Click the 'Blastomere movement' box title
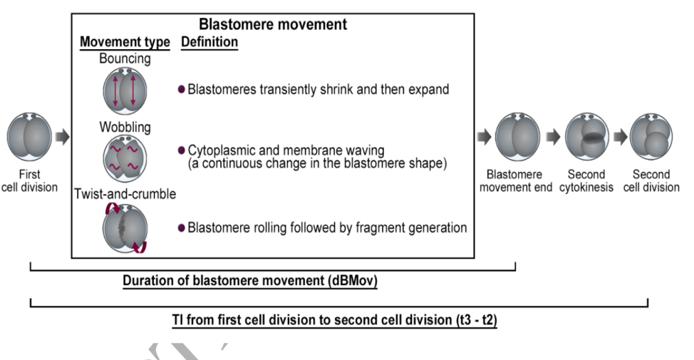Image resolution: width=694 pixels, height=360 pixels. pyautogui.click(x=273, y=24)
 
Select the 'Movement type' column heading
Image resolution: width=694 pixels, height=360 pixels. pyautogui.click(x=125, y=41)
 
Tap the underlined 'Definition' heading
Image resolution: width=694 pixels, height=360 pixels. pyautogui.click(x=209, y=41)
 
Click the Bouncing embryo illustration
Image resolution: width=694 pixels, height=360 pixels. pyautogui.click(x=125, y=91)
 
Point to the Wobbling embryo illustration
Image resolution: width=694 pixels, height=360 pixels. pyautogui.click(x=125, y=159)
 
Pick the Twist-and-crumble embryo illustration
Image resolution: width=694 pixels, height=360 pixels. pyautogui.click(x=125, y=228)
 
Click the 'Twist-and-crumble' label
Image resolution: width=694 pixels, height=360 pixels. pyautogui.click(x=125, y=194)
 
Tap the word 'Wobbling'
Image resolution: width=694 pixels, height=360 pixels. pyautogui.click(x=125, y=127)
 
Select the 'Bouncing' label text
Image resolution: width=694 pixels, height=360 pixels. pyautogui.click(x=125, y=58)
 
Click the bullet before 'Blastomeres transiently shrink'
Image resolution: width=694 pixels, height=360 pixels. pyautogui.click(x=181, y=89)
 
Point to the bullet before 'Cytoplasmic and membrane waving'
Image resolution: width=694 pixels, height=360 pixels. pyautogui.click(x=181, y=150)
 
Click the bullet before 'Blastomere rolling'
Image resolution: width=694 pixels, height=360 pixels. pyautogui.click(x=181, y=227)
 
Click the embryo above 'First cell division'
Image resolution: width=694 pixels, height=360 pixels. pyautogui.click(x=29, y=136)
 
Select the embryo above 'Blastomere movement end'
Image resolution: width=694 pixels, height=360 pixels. pyautogui.click(x=518, y=136)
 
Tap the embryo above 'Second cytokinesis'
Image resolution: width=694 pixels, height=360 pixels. pyautogui.click(x=587, y=136)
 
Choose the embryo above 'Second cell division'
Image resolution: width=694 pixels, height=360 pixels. pyautogui.click(x=651, y=136)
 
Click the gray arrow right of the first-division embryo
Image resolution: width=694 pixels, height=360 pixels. pyautogui.click(x=63, y=137)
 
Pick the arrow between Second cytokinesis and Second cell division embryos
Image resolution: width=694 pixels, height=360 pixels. pyautogui.click(x=620, y=137)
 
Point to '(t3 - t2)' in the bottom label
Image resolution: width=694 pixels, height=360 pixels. pyautogui.click(x=476, y=319)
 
